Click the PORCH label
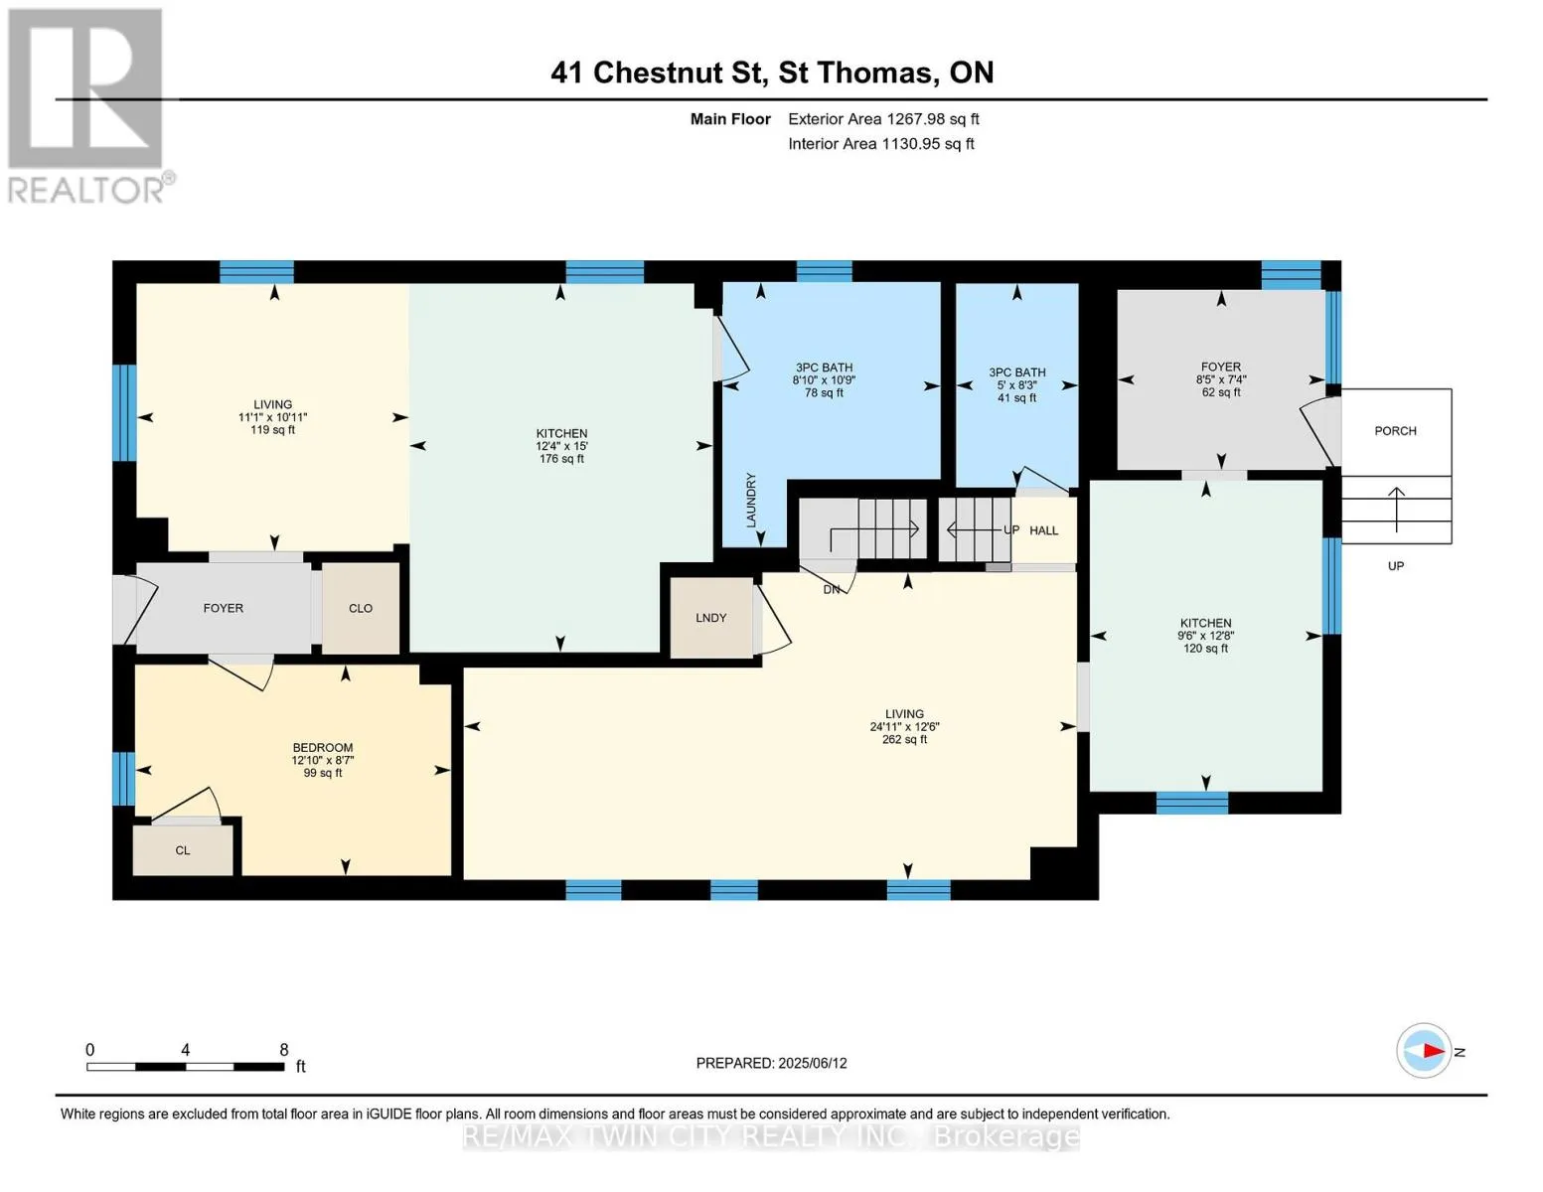click(x=1395, y=431)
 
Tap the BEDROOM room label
click(x=322, y=748)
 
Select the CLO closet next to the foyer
click(x=360, y=609)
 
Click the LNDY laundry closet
click(x=710, y=618)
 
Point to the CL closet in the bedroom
click(x=183, y=850)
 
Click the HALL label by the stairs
click(x=1043, y=530)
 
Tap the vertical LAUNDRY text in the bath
click(x=750, y=500)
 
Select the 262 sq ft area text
click(x=904, y=739)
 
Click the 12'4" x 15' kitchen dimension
click(x=561, y=447)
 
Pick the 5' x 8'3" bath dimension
click(x=1016, y=385)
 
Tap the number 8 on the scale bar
click(x=284, y=1050)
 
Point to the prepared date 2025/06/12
click(x=813, y=1063)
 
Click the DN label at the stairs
click(x=831, y=589)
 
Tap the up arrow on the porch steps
click(x=1396, y=509)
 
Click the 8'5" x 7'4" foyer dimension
click(x=1221, y=379)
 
